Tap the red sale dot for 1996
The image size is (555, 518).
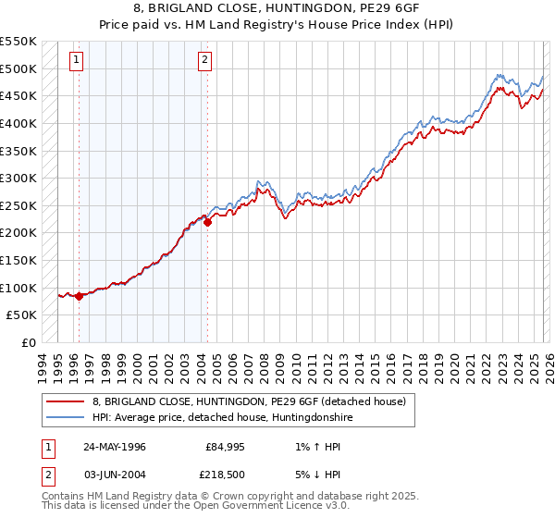point(79,296)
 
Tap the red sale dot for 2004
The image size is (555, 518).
point(207,222)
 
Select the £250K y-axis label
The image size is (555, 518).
point(20,205)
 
